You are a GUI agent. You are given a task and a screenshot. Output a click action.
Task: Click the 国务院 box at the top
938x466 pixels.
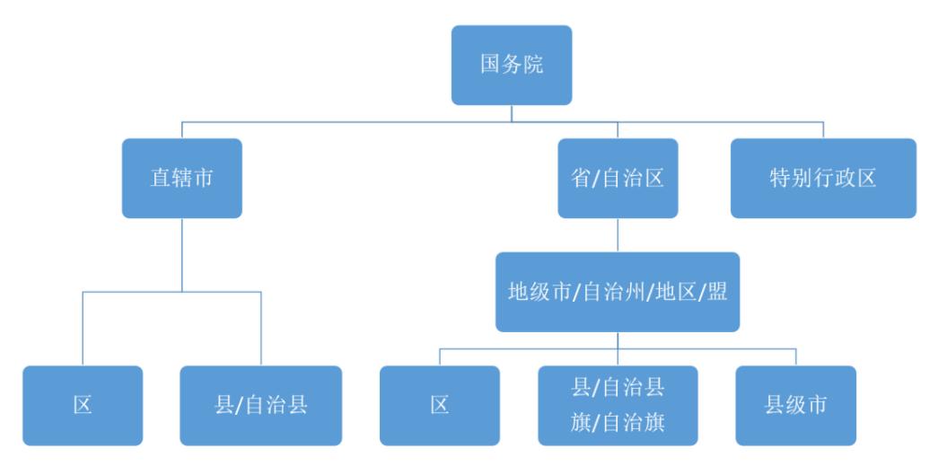pyautogui.click(x=511, y=66)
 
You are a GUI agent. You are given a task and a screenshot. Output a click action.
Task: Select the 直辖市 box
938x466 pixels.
pyautogui.click(x=181, y=178)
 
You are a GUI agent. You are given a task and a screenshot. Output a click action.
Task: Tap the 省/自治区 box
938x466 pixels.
pyautogui.click(x=617, y=178)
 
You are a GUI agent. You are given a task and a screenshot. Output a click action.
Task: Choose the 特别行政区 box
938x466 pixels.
pyautogui.click(x=823, y=178)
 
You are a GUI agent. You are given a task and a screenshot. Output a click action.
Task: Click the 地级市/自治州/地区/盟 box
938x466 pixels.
pyautogui.click(x=617, y=292)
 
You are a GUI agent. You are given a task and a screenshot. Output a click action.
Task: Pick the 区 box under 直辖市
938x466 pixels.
pyautogui.click(x=83, y=405)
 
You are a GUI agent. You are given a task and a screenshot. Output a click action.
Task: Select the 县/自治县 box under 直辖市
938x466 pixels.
pyautogui.click(x=261, y=405)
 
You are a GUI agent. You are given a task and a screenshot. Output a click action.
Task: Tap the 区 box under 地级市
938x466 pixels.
pyautogui.click(x=439, y=405)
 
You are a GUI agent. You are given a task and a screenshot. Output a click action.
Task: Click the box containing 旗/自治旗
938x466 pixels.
pyautogui.click(x=617, y=405)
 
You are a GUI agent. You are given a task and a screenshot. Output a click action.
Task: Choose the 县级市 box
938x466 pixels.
pyautogui.click(x=795, y=405)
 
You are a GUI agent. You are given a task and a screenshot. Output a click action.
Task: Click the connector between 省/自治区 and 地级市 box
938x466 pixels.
pyautogui.click(x=617, y=235)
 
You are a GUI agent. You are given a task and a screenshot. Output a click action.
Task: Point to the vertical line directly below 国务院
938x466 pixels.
pyautogui.click(x=511, y=113)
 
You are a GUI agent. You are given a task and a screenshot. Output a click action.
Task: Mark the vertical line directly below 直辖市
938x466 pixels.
pyautogui.click(x=181, y=254)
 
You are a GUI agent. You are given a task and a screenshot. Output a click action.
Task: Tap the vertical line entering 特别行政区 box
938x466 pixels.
pyautogui.click(x=823, y=129)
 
